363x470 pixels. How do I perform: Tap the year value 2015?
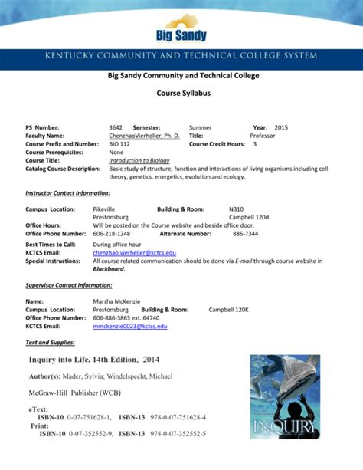[x=281, y=127]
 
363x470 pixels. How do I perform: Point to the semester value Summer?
[x=201, y=127]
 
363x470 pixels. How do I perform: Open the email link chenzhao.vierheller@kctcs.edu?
[x=134, y=252]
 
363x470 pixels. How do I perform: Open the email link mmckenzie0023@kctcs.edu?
[x=129, y=326]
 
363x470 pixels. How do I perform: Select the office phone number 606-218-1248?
[x=112, y=233]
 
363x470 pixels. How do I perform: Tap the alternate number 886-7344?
[x=245, y=233]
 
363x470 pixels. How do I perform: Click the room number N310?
[x=237, y=209]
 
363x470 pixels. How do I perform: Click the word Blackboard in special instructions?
[x=108, y=269]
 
